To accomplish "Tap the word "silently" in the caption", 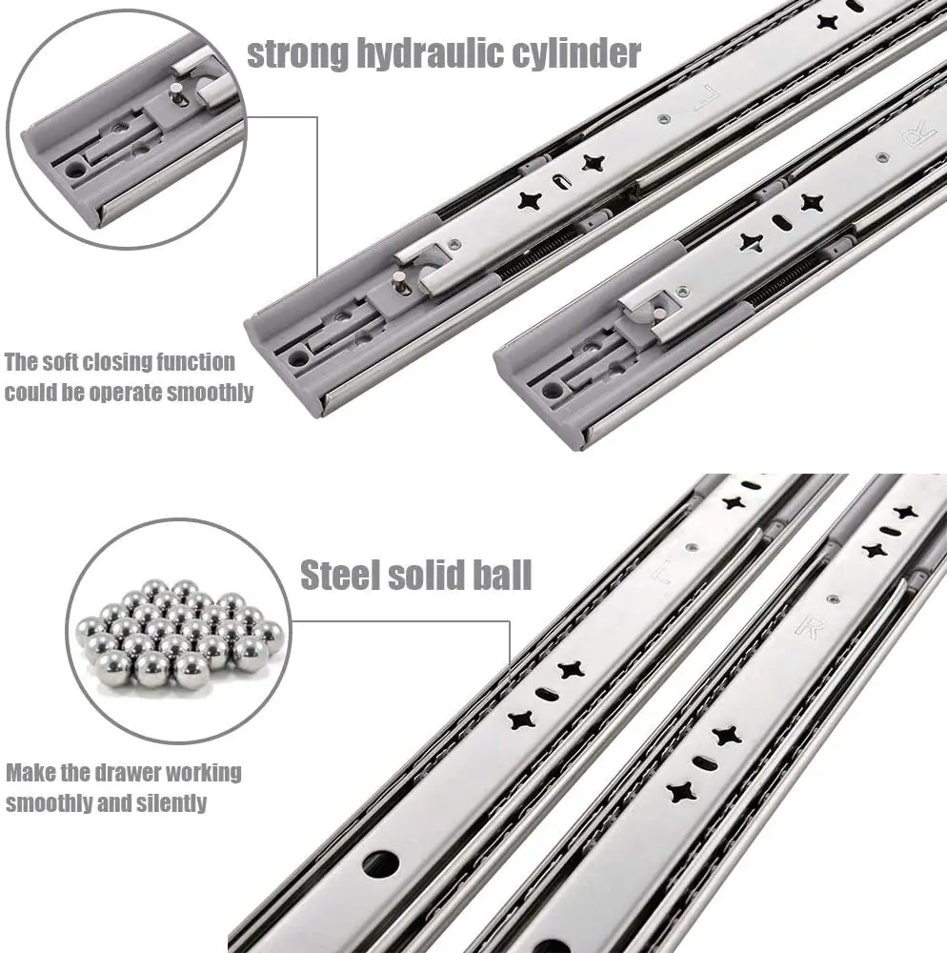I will click(171, 802).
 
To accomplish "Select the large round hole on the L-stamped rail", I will click(382, 863).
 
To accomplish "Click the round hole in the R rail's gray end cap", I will click(550, 392).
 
